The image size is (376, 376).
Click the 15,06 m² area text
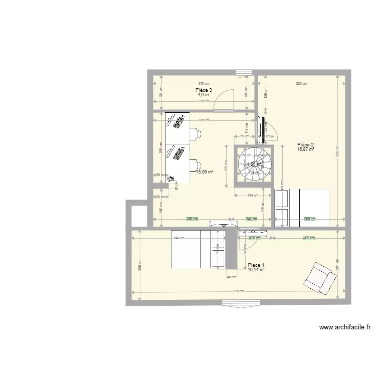[205, 171]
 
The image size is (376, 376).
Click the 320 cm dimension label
[301, 84]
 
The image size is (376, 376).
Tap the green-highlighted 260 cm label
[310, 219]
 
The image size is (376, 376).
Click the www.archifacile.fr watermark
[344, 328]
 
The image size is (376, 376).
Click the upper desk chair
[195, 133]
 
